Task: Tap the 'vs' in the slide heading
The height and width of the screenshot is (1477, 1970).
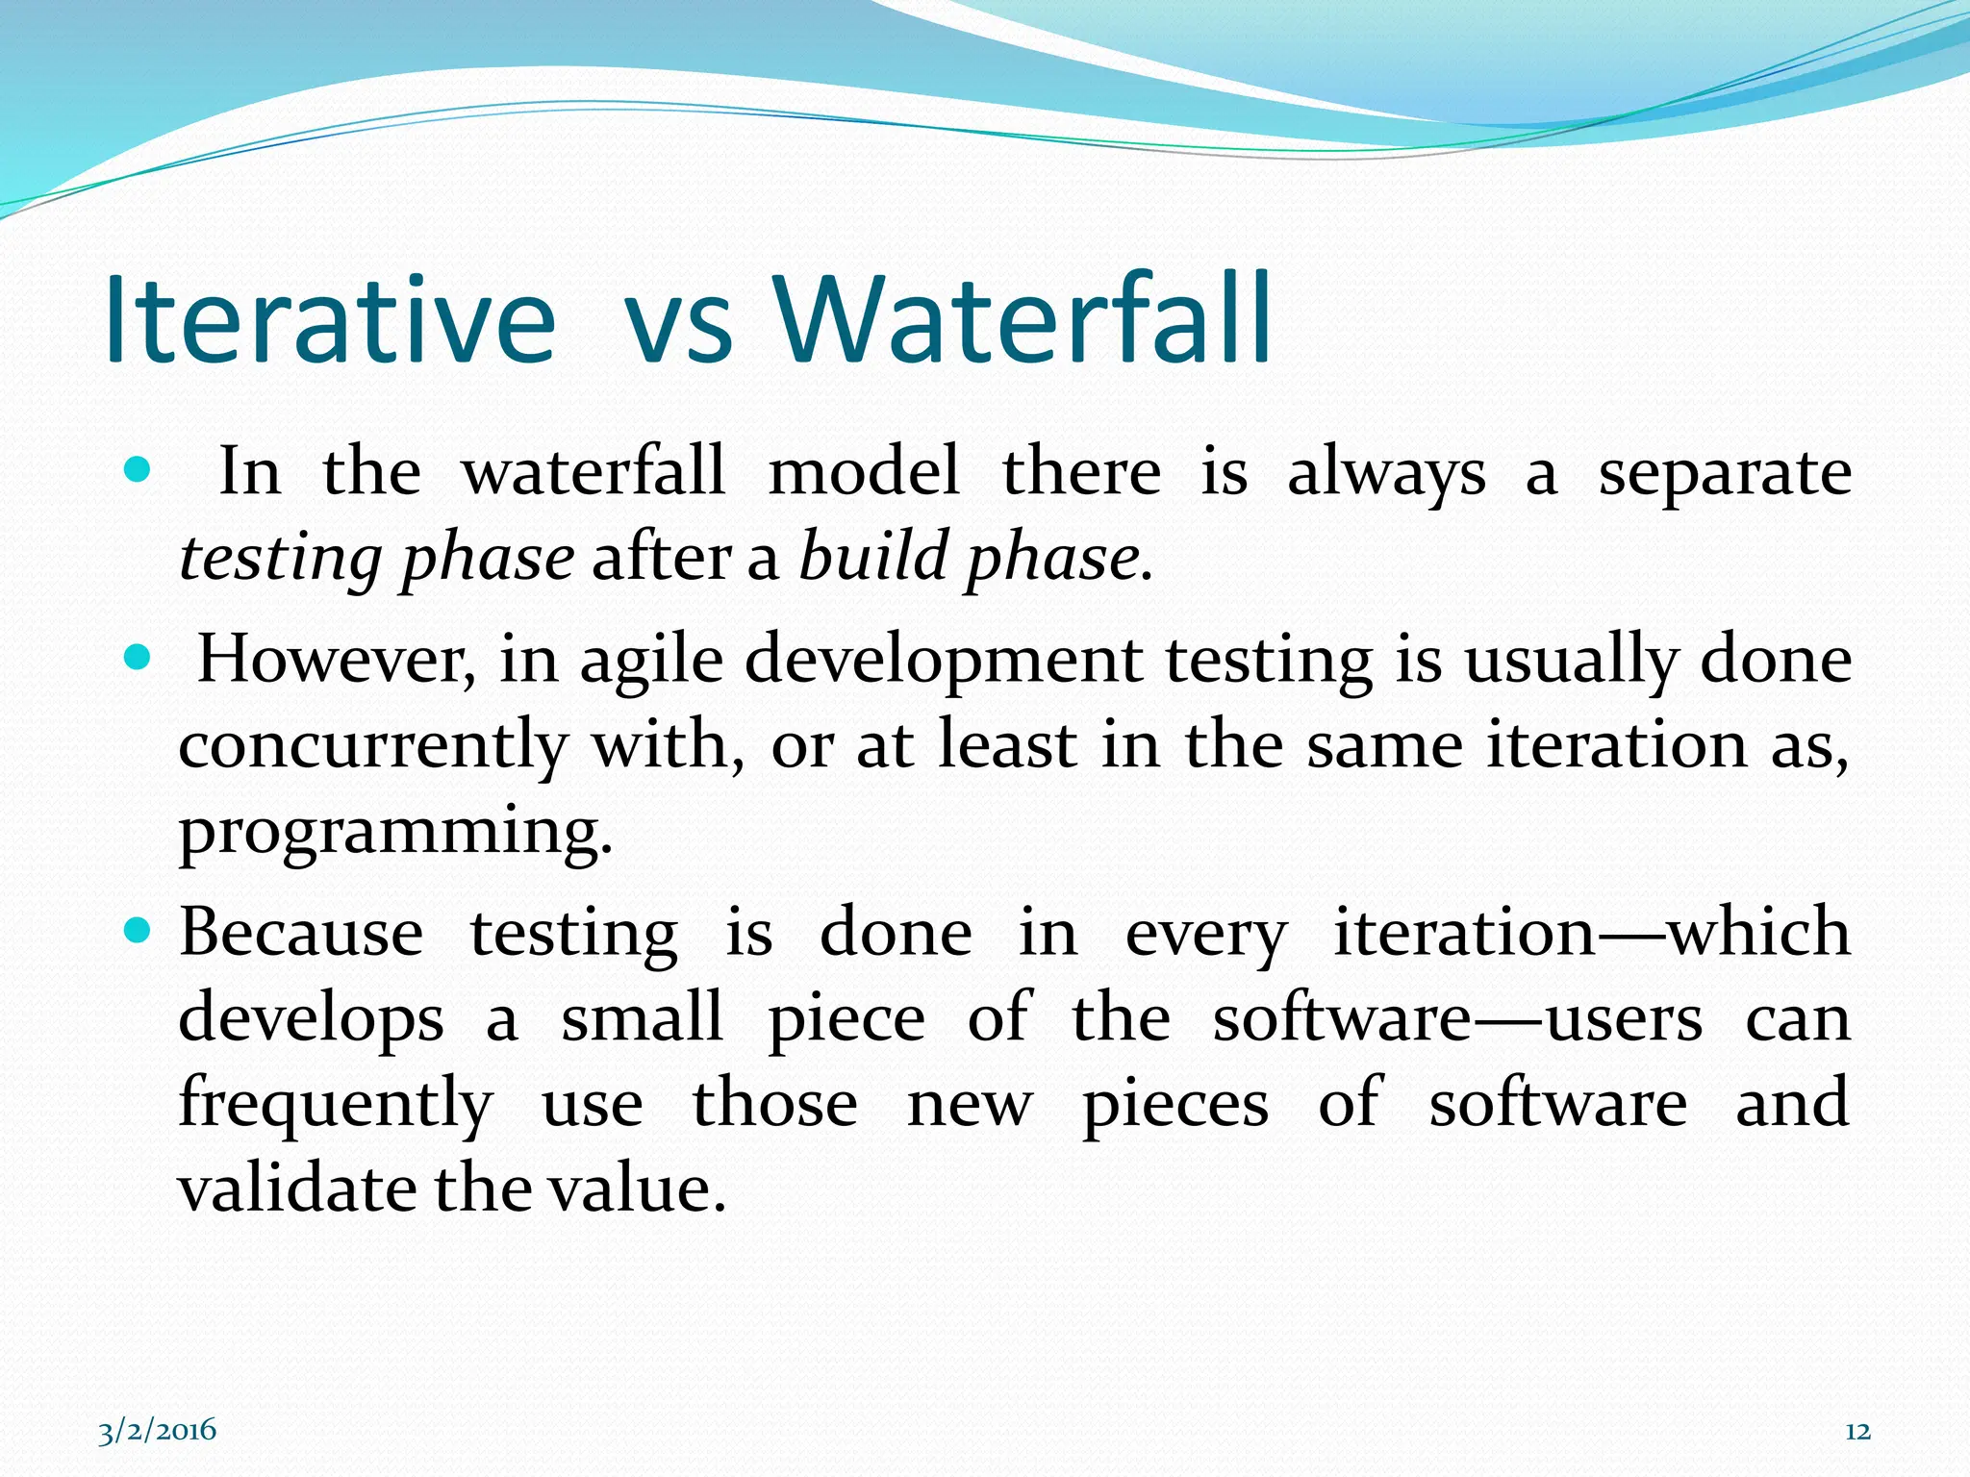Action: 679,327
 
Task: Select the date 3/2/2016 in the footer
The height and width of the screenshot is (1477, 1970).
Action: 158,1431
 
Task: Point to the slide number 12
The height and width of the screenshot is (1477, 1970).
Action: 1857,1431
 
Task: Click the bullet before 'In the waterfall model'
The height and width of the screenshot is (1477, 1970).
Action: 139,471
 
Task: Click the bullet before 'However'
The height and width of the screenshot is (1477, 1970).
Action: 139,659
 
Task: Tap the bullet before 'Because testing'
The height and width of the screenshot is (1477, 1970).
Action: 139,931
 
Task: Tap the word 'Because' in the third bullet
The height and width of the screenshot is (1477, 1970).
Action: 301,933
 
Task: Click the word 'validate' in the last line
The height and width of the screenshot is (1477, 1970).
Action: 298,1189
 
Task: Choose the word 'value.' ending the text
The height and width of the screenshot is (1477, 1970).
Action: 636,1189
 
